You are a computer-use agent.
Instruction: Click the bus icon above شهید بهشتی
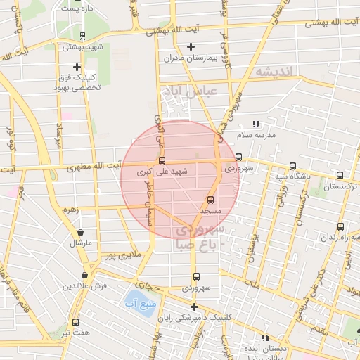tap(83, 35)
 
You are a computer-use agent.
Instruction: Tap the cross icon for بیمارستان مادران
tap(191, 47)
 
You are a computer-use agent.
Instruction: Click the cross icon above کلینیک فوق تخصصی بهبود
tap(77, 67)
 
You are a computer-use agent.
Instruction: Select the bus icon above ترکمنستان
tap(340, 175)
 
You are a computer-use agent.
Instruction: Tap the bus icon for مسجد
tap(210, 200)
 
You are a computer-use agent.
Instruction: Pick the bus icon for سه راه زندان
tap(340, 226)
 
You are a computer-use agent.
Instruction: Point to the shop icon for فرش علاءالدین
tap(85, 276)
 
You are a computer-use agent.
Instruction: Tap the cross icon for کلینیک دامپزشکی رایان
tap(194, 307)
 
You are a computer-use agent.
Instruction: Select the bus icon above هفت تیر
tap(75, 321)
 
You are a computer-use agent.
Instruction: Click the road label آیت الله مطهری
tap(96, 169)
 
